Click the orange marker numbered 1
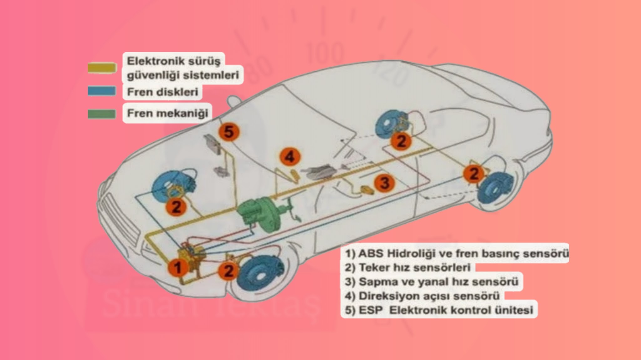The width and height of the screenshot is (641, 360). tap(177, 268)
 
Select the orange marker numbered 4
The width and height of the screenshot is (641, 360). tap(290, 157)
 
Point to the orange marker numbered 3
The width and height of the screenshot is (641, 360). tap(384, 183)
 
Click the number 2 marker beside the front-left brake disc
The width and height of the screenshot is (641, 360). tap(176, 207)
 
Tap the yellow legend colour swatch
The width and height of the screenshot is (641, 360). tap(102, 68)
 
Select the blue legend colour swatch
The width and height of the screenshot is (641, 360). tap(102, 91)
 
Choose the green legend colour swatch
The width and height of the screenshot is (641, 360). tap(102, 114)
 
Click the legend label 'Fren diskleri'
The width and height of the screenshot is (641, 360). tap(162, 92)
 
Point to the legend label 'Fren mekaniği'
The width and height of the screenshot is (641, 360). tap(167, 113)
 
